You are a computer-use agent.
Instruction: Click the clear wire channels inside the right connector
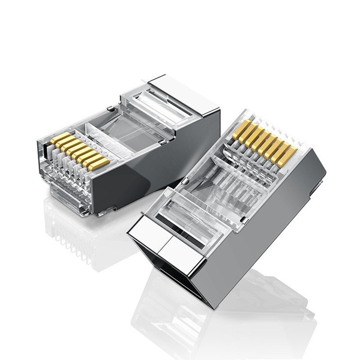[234, 180]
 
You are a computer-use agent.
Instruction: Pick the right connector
[234, 210]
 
